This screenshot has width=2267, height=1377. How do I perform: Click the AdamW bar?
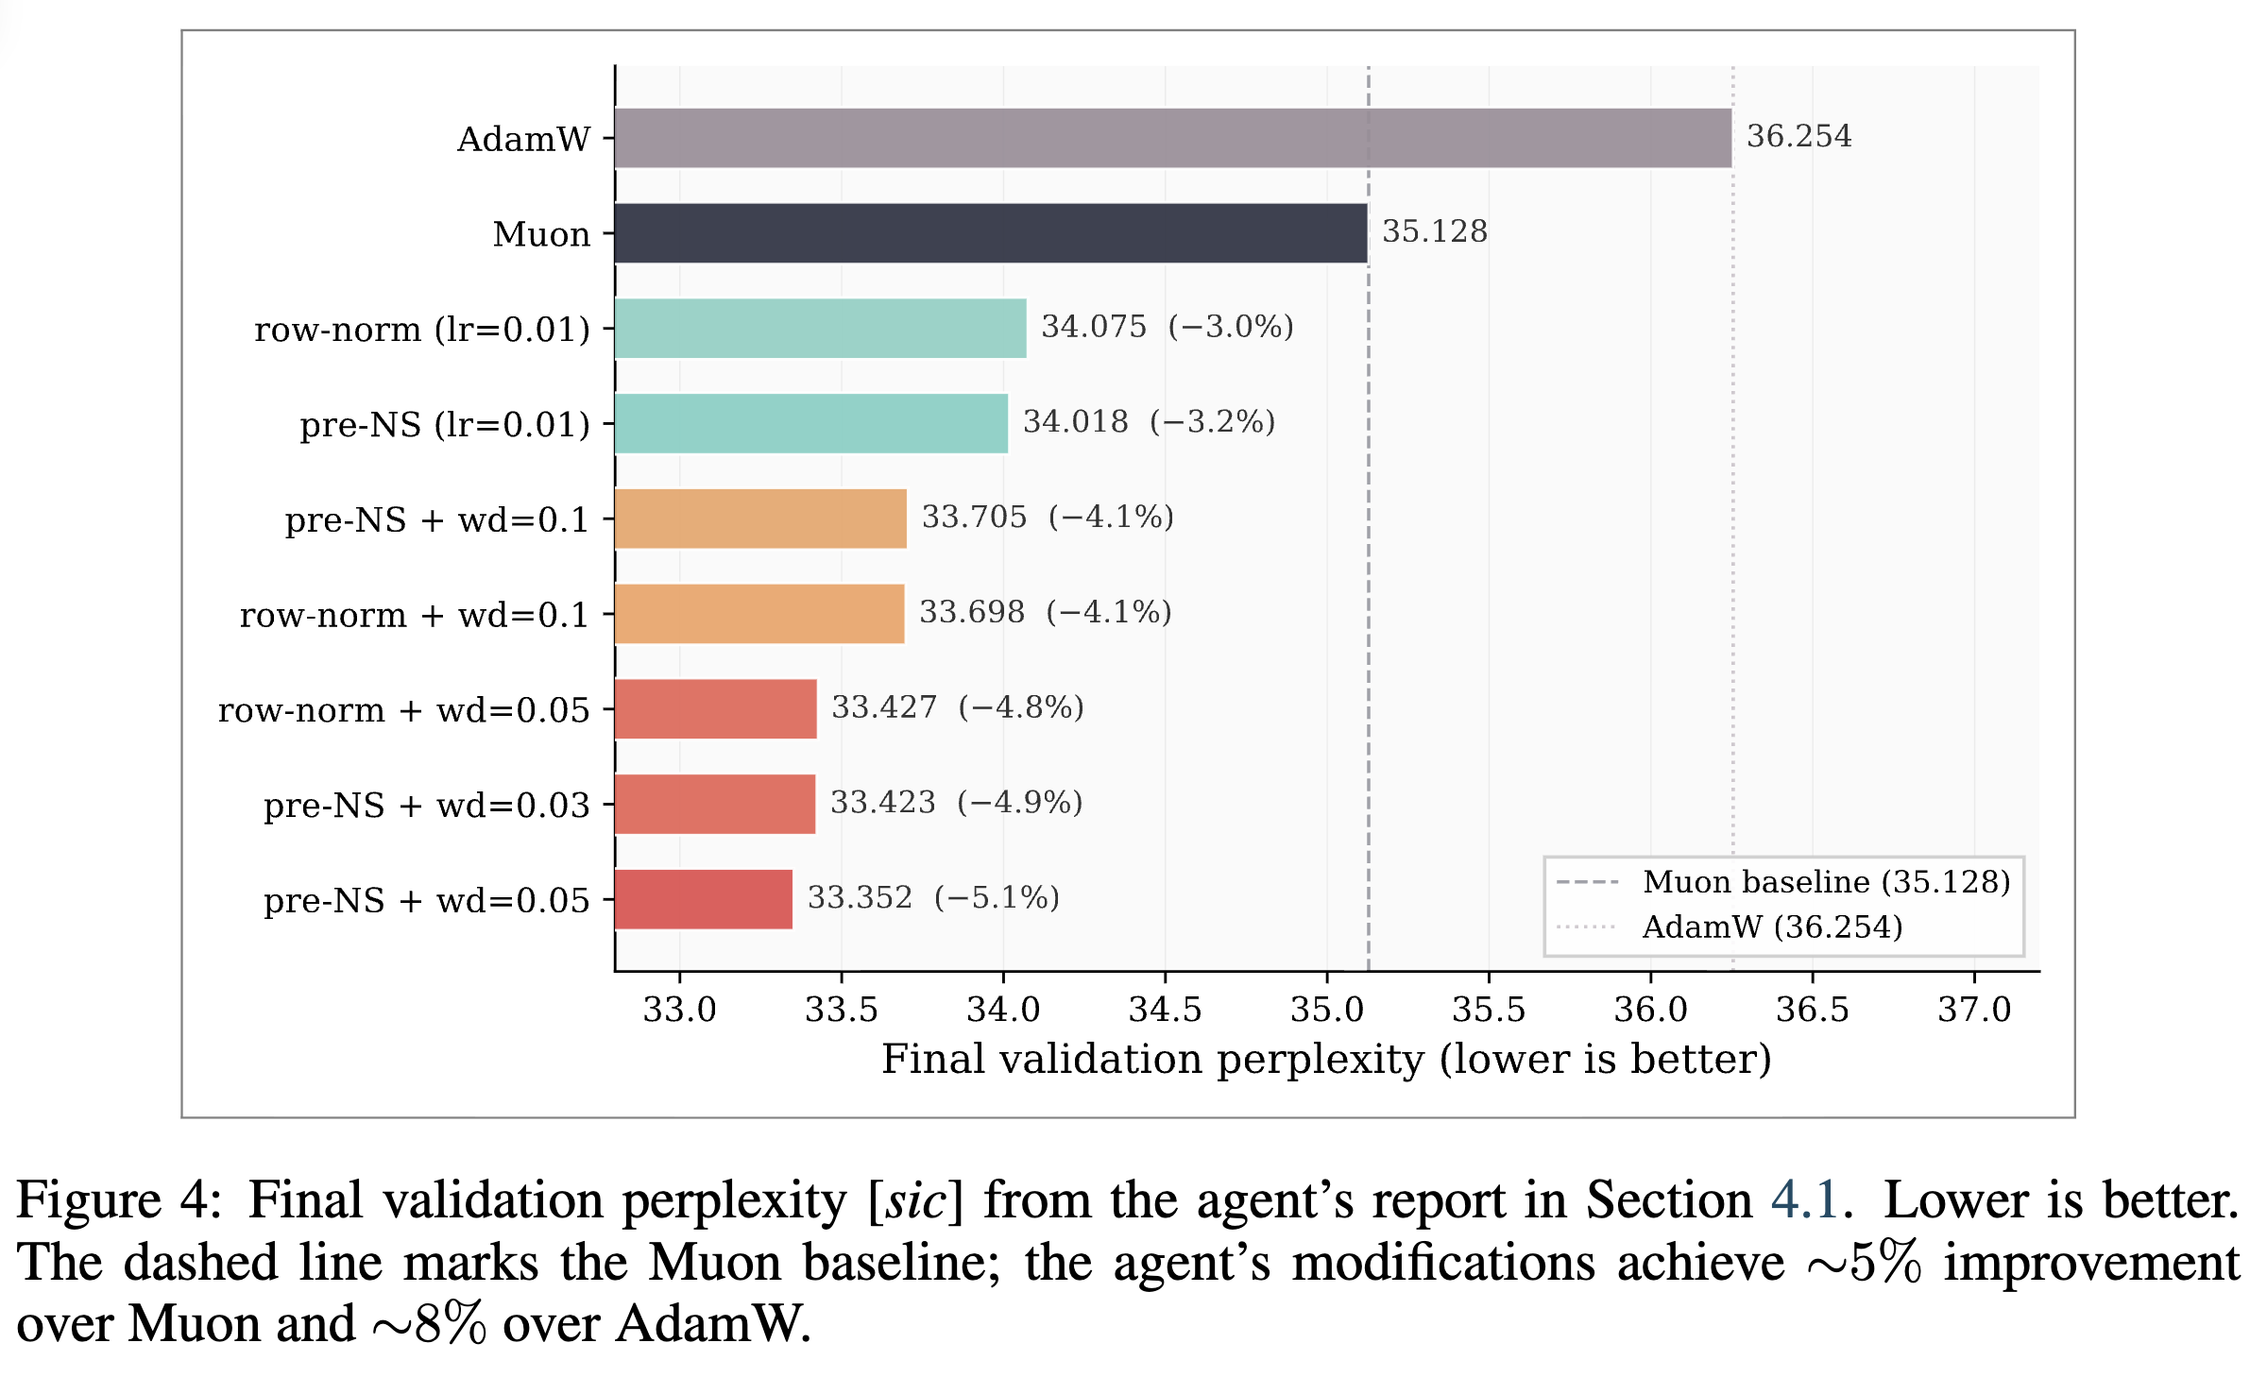point(1172,138)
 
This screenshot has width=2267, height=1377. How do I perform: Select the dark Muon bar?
point(990,233)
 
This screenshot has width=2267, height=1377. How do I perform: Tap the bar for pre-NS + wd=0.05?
point(704,899)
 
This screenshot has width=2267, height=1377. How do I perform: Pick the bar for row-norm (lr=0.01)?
point(820,329)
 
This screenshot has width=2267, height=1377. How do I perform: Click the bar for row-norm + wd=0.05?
point(715,708)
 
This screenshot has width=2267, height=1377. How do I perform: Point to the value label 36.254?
point(1798,137)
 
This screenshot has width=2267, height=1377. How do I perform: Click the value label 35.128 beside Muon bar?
point(1434,231)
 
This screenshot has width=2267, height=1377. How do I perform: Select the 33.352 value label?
point(860,897)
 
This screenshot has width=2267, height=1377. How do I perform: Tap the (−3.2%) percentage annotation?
point(1212,422)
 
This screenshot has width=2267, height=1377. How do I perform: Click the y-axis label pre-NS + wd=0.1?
point(436,520)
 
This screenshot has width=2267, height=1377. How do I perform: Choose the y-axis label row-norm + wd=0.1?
point(414,615)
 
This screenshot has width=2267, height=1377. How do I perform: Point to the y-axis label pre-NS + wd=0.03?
point(426,806)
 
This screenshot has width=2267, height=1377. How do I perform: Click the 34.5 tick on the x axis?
point(1165,1010)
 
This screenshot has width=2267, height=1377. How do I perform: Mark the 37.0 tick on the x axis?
point(1974,1010)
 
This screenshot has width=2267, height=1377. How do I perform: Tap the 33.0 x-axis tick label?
point(679,1010)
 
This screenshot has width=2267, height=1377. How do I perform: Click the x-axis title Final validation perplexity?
point(1326,1060)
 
